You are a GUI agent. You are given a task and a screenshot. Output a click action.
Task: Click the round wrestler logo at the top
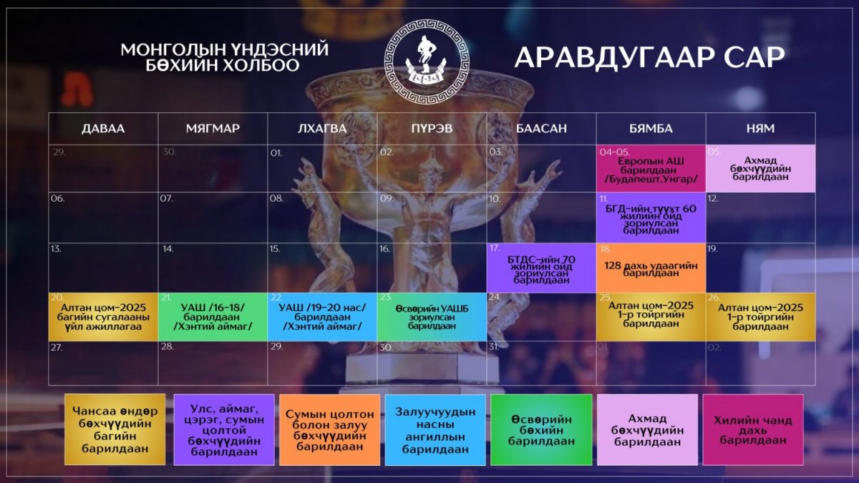tap(427, 62)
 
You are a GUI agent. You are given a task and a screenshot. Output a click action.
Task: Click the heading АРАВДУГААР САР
tap(649, 57)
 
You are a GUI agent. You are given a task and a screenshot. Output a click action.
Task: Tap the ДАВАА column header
tap(103, 128)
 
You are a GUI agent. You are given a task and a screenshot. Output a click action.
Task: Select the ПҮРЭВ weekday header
tap(432, 128)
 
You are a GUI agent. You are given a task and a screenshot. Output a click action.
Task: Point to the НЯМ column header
tap(760, 128)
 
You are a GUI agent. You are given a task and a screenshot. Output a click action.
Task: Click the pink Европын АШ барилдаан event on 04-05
tap(651, 168)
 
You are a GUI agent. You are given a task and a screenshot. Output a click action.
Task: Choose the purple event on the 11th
tap(651, 218)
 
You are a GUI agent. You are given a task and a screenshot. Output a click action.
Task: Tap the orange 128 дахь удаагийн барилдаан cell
tap(651, 268)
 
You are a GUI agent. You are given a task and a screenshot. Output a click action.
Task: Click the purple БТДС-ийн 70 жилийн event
tap(541, 268)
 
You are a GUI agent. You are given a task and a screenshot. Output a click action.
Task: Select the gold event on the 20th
tap(103, 317)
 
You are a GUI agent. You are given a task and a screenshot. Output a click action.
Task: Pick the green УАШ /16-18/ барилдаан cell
tap(213, 317)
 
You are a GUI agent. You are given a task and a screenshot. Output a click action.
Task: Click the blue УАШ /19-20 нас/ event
tap(322, 317)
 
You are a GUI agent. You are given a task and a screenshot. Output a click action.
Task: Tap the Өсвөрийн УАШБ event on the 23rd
tap(432, 317)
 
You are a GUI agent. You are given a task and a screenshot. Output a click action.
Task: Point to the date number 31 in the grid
tap(493, 347)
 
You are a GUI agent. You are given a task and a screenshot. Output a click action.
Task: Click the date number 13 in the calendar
tap(56, 249)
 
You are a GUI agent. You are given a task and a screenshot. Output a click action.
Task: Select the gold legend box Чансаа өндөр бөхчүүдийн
tap(115, 430)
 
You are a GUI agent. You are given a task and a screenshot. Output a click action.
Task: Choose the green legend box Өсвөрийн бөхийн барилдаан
tap(541, 430)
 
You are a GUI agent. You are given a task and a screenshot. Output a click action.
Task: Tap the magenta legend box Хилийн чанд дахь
tap(753, 430)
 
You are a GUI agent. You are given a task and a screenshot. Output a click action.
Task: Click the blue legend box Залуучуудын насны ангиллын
tap(435, 430)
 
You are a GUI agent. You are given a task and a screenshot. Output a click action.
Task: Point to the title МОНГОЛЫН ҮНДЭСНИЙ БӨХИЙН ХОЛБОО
tap(225, 57)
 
